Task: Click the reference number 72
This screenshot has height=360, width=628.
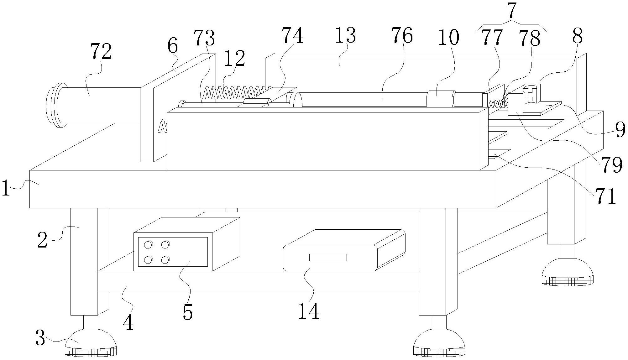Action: (101, 52)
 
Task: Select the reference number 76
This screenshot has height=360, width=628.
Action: (402, 35)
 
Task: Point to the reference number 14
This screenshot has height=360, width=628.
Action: (308, 311)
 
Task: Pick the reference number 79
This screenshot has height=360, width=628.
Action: (611, 165)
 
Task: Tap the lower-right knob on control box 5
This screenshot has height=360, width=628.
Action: (165, 260)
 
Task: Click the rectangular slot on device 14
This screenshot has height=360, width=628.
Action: (328, 257)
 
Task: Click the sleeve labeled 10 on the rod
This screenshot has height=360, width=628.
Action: (441, 98)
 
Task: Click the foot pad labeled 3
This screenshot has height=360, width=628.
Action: (91, 343)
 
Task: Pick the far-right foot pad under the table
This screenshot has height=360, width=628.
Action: (568, 271)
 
